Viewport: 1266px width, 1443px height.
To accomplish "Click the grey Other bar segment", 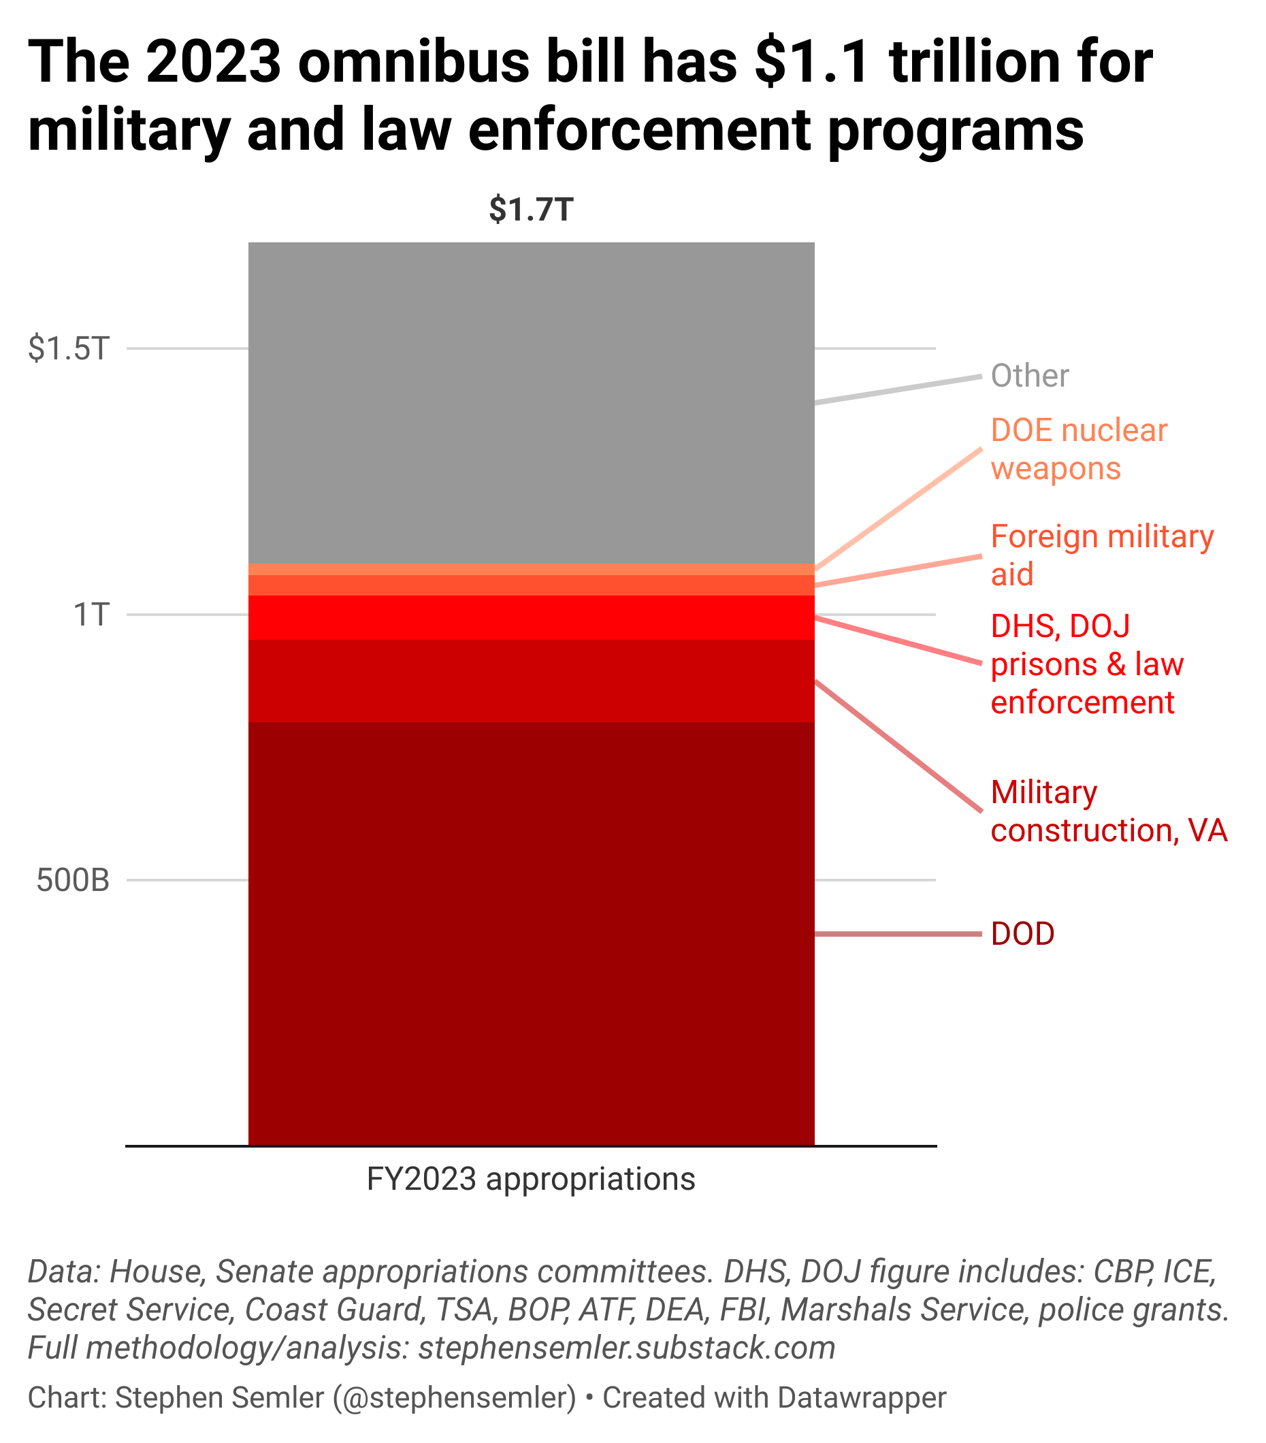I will coord(531,402).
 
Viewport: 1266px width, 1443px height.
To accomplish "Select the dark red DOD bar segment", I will coord(531,932).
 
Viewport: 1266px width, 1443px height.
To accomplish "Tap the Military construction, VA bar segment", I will coord(531,681).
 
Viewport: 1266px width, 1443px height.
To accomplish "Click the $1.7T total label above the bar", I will coord(531,210).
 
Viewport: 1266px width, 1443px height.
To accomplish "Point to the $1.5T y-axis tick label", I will coord(69,348).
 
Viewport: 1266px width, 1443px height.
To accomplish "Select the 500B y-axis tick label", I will coord(74,880).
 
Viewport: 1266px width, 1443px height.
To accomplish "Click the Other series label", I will coord(1029,376).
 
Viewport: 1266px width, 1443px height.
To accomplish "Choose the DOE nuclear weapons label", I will coord(1078,449).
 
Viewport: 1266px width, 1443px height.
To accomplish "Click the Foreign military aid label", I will coord(1101,555).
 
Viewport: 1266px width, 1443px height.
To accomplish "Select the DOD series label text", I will coord(1022,934).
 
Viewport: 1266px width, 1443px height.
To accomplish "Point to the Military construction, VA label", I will coord(1109,811).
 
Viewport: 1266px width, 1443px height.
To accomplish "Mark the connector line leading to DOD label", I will coord(896,934).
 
